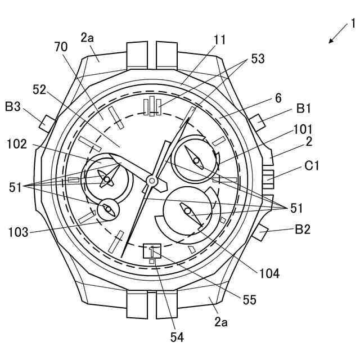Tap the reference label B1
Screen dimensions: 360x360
303,107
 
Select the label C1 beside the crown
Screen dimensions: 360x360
312,166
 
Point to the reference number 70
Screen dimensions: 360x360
61,47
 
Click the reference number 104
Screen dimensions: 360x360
269,274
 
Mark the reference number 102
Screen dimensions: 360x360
17,144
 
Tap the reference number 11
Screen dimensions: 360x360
219,39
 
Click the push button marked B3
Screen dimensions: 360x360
46,121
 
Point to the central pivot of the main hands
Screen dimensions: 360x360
151,180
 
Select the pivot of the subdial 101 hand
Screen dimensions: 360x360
197,161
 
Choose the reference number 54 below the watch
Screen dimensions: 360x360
177,337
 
